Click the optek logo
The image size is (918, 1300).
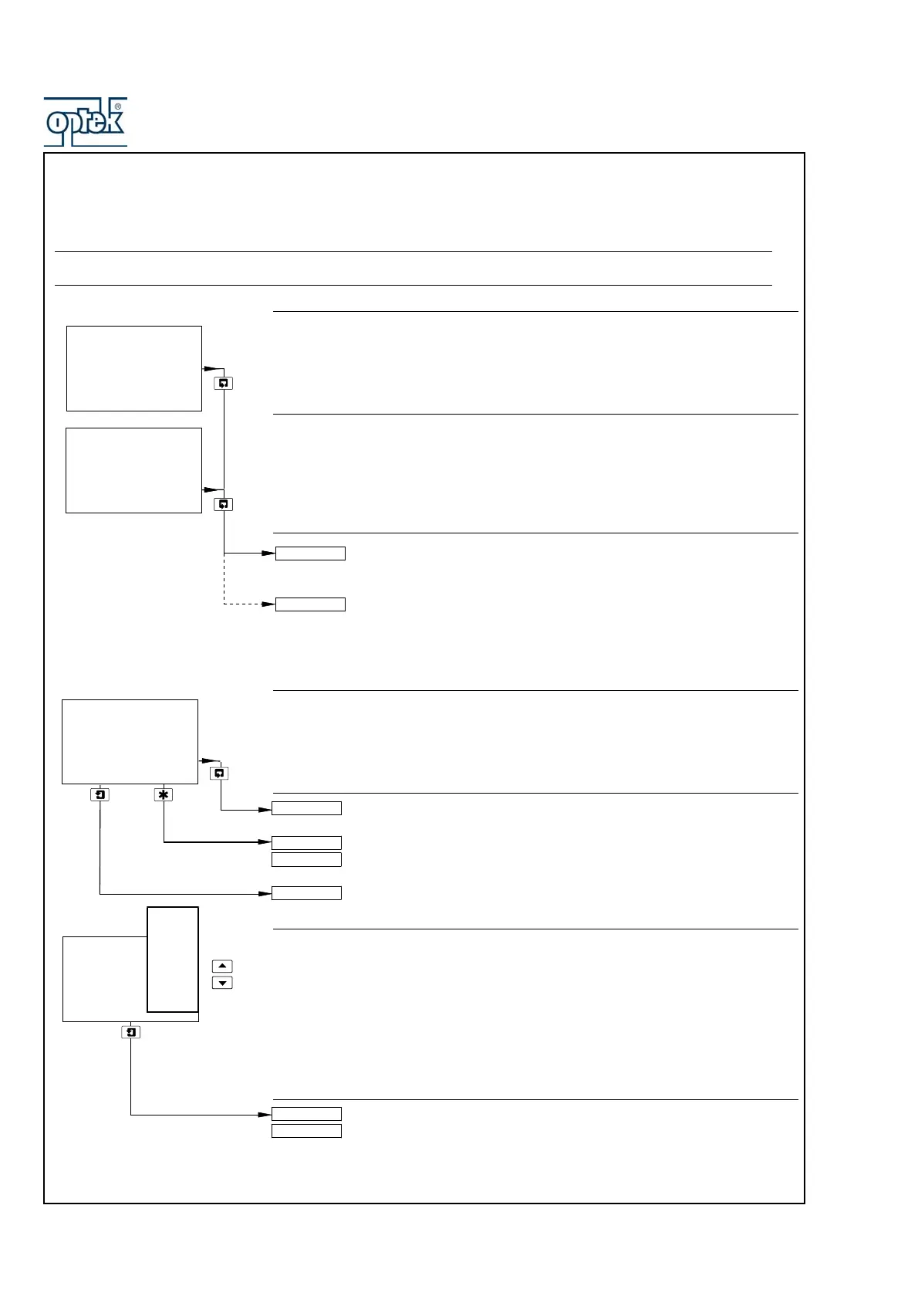pos(85,122)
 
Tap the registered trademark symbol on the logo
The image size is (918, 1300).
pos(118,107)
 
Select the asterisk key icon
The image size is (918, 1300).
pos(164,794)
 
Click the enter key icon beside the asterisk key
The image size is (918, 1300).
pos(100,794)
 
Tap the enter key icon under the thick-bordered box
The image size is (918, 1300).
pos(131,1032)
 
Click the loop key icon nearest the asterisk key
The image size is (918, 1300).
pos(220,773)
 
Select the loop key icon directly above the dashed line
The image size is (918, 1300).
pos(224,504)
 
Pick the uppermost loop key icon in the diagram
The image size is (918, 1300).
pos(224,383)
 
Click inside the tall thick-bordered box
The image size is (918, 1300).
pos(173,959)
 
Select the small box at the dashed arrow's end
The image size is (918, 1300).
pos(310,604)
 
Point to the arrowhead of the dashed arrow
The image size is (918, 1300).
pos(269,604)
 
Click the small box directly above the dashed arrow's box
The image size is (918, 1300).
pos(310,554)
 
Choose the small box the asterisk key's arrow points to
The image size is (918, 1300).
pos(306,843)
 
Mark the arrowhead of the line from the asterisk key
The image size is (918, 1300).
pos(265,842)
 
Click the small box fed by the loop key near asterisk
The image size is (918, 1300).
pos(306,809)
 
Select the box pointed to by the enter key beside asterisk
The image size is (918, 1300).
pos(306,893)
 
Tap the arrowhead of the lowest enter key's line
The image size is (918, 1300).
pos(265,1115)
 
